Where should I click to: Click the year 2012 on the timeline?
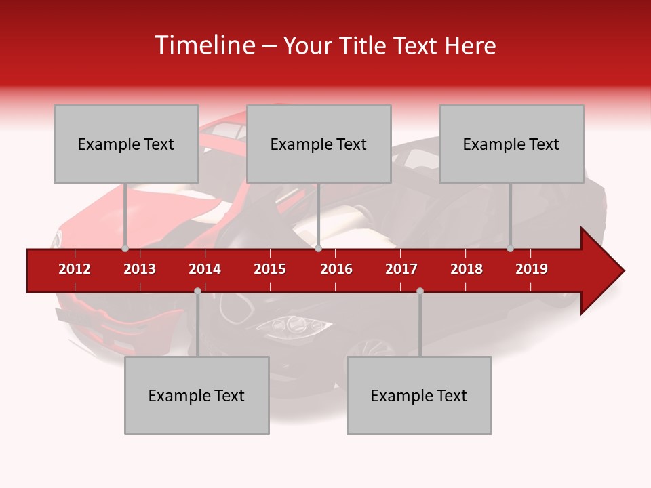[x=75, y=269]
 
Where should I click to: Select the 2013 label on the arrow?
[x=140, y=269]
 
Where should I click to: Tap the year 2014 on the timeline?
[x=205, y=269]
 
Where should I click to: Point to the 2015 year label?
[x=270, y=269]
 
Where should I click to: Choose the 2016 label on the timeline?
[x=336, y=269]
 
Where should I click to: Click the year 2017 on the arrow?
[x=401, y=269]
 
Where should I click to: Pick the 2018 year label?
[x=467, y=269]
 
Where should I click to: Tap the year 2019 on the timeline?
[x=532, y=269]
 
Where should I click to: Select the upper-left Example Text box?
[x=126, y=144]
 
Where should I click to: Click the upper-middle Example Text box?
[x=319, y=144]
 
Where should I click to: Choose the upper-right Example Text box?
[x=511, y=144]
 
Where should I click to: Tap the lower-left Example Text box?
[x=197, y=395]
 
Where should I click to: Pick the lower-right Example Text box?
[x=419, y=395]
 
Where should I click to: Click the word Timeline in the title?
[x=203, y=45]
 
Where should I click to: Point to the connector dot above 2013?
[x=125, y=248]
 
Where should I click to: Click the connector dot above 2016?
[x=318, y=248]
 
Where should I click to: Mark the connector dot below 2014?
[x=197, y=291]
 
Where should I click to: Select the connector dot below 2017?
[x=420, y=291]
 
